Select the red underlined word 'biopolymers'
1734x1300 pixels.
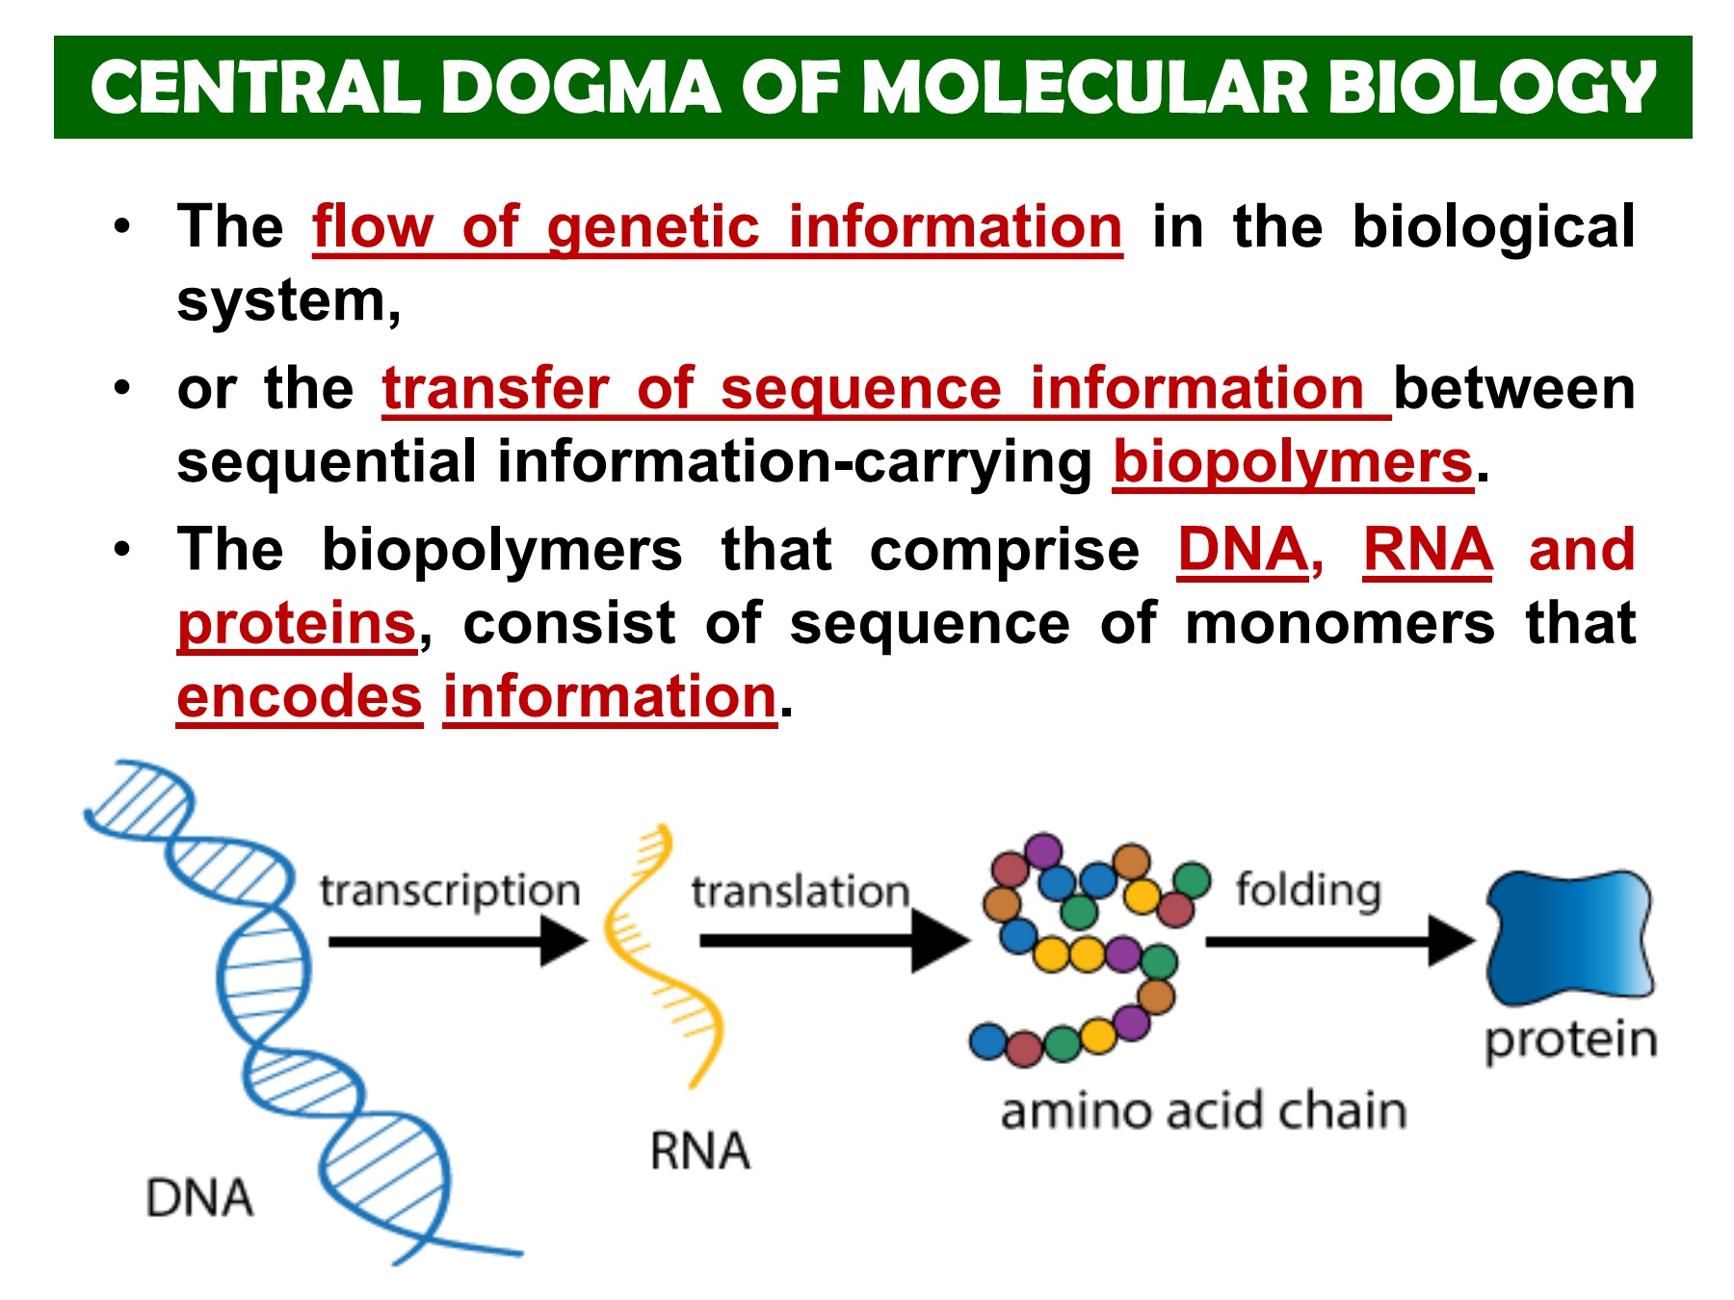(1293, 462)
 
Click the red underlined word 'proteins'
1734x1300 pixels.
(297, 623)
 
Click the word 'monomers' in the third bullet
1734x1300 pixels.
(1340, 623)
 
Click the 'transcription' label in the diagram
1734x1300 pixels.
(450, 891)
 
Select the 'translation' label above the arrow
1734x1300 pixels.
(800, 892)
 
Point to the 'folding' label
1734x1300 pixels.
(1307, 890)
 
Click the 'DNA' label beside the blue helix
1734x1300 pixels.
(199, 1199)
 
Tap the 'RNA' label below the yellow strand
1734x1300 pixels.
(699, 1152)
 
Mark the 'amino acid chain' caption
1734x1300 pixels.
(1203, 1111)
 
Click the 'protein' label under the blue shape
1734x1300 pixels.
(1570, 1041)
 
